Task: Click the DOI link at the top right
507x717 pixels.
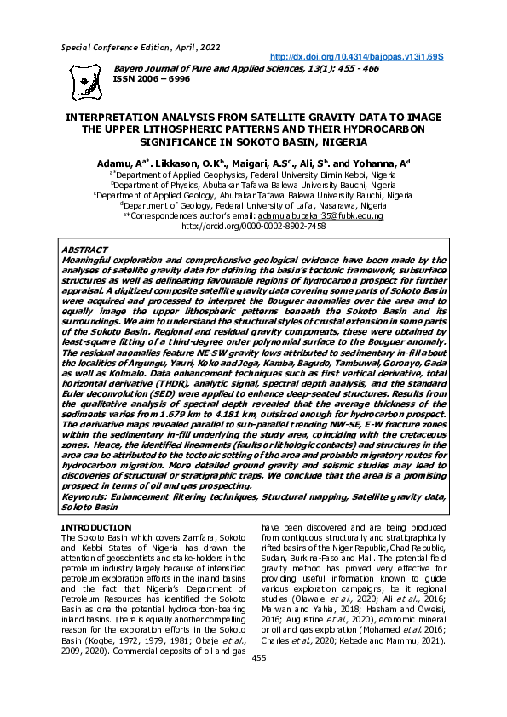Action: (359, 56)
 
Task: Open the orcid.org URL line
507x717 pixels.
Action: (253, 227)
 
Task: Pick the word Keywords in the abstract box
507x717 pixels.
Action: (86, 496)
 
